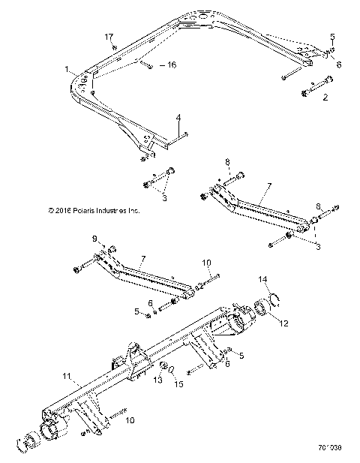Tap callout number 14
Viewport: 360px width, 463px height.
262,279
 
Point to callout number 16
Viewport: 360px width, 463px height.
171,66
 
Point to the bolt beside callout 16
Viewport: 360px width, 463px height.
146,66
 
